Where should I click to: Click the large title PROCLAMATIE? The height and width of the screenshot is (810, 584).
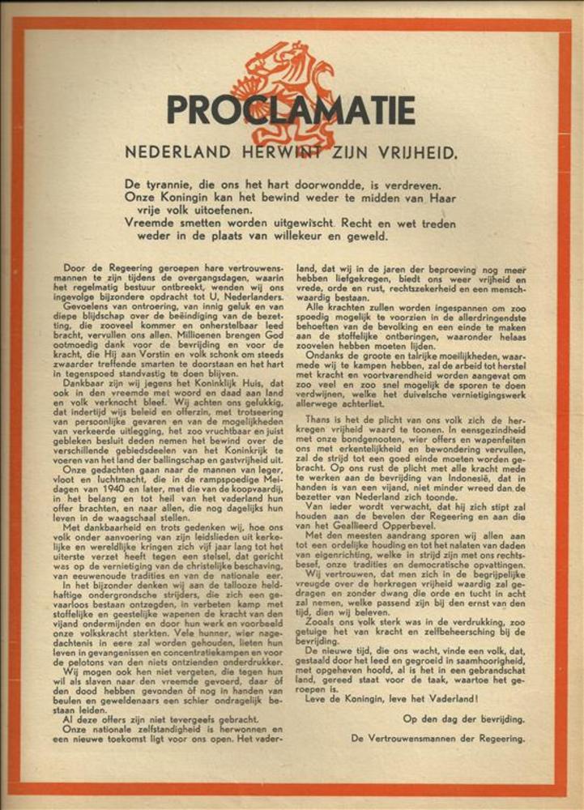pos(291,110)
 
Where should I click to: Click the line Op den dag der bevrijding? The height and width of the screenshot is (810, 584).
pos(463,718)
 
